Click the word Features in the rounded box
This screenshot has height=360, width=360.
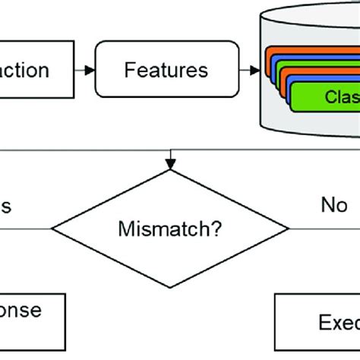click(166, 71)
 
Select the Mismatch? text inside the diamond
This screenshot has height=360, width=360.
click(174, 228)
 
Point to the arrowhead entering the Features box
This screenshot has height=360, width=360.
click(91, 71)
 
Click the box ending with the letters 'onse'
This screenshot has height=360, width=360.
click(30, 311)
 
